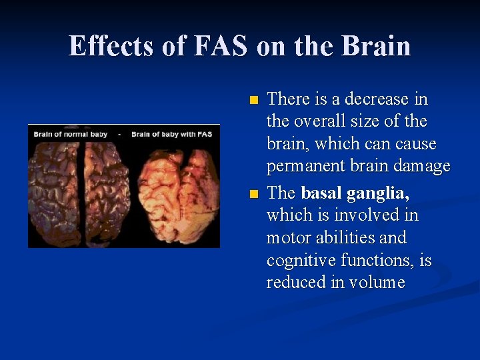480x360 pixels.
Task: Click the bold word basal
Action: click(323, 193)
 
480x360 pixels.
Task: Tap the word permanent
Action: click(303, 167)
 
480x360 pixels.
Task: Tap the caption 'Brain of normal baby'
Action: click(71, 134)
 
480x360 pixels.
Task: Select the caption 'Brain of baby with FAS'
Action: click(172, 134)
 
